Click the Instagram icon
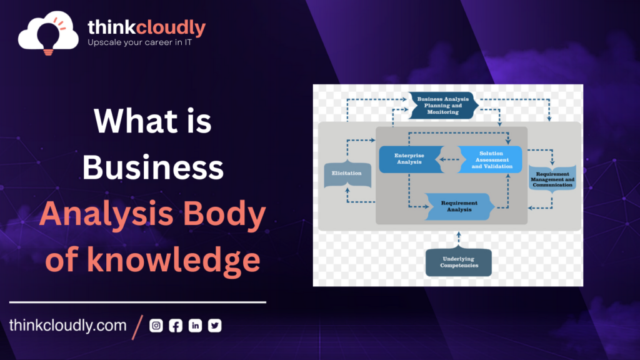156,325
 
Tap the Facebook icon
176,325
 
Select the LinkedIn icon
195,325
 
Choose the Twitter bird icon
215,325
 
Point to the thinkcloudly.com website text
67,325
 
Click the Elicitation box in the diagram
347,174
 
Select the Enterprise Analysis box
410,159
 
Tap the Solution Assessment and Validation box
490,159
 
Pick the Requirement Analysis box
459,206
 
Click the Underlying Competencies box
458,262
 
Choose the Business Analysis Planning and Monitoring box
443,105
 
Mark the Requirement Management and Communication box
552,178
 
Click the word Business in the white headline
153,167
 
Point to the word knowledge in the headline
174,261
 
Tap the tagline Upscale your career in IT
139,42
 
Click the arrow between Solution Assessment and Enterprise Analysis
450,159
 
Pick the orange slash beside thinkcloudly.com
137,327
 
